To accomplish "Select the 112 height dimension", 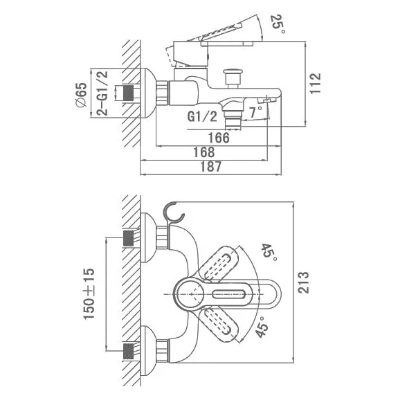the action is [316, 84].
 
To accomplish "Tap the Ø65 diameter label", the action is [81, 96].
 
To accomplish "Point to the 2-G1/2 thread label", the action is [102, 93].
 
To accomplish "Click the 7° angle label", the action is [255, 112].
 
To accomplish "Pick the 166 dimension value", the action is [219, 138].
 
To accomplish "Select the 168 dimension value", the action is [203, 152].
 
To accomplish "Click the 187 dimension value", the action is [211, 167].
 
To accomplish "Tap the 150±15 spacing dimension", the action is [89, 293].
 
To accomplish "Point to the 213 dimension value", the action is [303, 282].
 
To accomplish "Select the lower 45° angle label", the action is [262, 326].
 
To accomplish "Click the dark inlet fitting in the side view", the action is [129, 93].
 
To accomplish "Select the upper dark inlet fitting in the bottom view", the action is [129, 238].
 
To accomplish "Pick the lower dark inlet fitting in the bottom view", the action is [129, 351].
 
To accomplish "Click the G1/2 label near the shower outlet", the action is [202, 116].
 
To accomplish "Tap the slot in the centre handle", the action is [228, 294].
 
